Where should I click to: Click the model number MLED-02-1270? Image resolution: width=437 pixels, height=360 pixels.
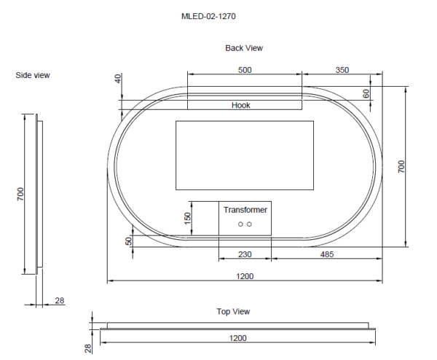pyautogui.click(x=208, y=15)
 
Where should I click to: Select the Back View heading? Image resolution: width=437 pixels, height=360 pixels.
pyautogui.click(x=244, y=48)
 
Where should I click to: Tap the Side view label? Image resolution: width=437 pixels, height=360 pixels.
pyautogui.click(x=33, y=75)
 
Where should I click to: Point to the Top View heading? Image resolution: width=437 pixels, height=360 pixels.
pyautogui.click(x=233, y=311)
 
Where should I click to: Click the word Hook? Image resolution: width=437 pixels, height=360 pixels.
pyautogui.click(x=241, y=105)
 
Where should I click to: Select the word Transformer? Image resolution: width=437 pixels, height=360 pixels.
pyautogui.click(x=245, y=210)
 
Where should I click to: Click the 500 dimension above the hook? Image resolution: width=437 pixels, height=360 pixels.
pyautogui.click(x=245, y=70)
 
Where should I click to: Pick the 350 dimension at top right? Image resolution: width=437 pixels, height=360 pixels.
pyautogui.click(x=342, y=70)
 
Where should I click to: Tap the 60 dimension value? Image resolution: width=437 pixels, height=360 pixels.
pyautogui.click(x=367, y=93)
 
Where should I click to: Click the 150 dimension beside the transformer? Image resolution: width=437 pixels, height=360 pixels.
pyautogui.click(x=187, y=217)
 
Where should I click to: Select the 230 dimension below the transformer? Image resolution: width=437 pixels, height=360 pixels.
pyautogui.click(x=245, y=254)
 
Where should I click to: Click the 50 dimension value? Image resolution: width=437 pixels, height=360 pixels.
pyautogui.click(x=129, y=240)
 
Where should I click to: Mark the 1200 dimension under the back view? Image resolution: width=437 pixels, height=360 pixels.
pyautogui.click(x=245, y=275)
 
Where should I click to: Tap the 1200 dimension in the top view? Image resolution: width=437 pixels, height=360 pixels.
pyautogui.click(x=238, y=338)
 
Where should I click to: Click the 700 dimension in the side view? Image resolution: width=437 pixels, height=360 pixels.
pyautogui.click(x=21, y=194)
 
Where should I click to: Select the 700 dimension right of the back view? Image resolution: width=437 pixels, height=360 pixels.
pyautogui.click(x=401, y=166)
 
